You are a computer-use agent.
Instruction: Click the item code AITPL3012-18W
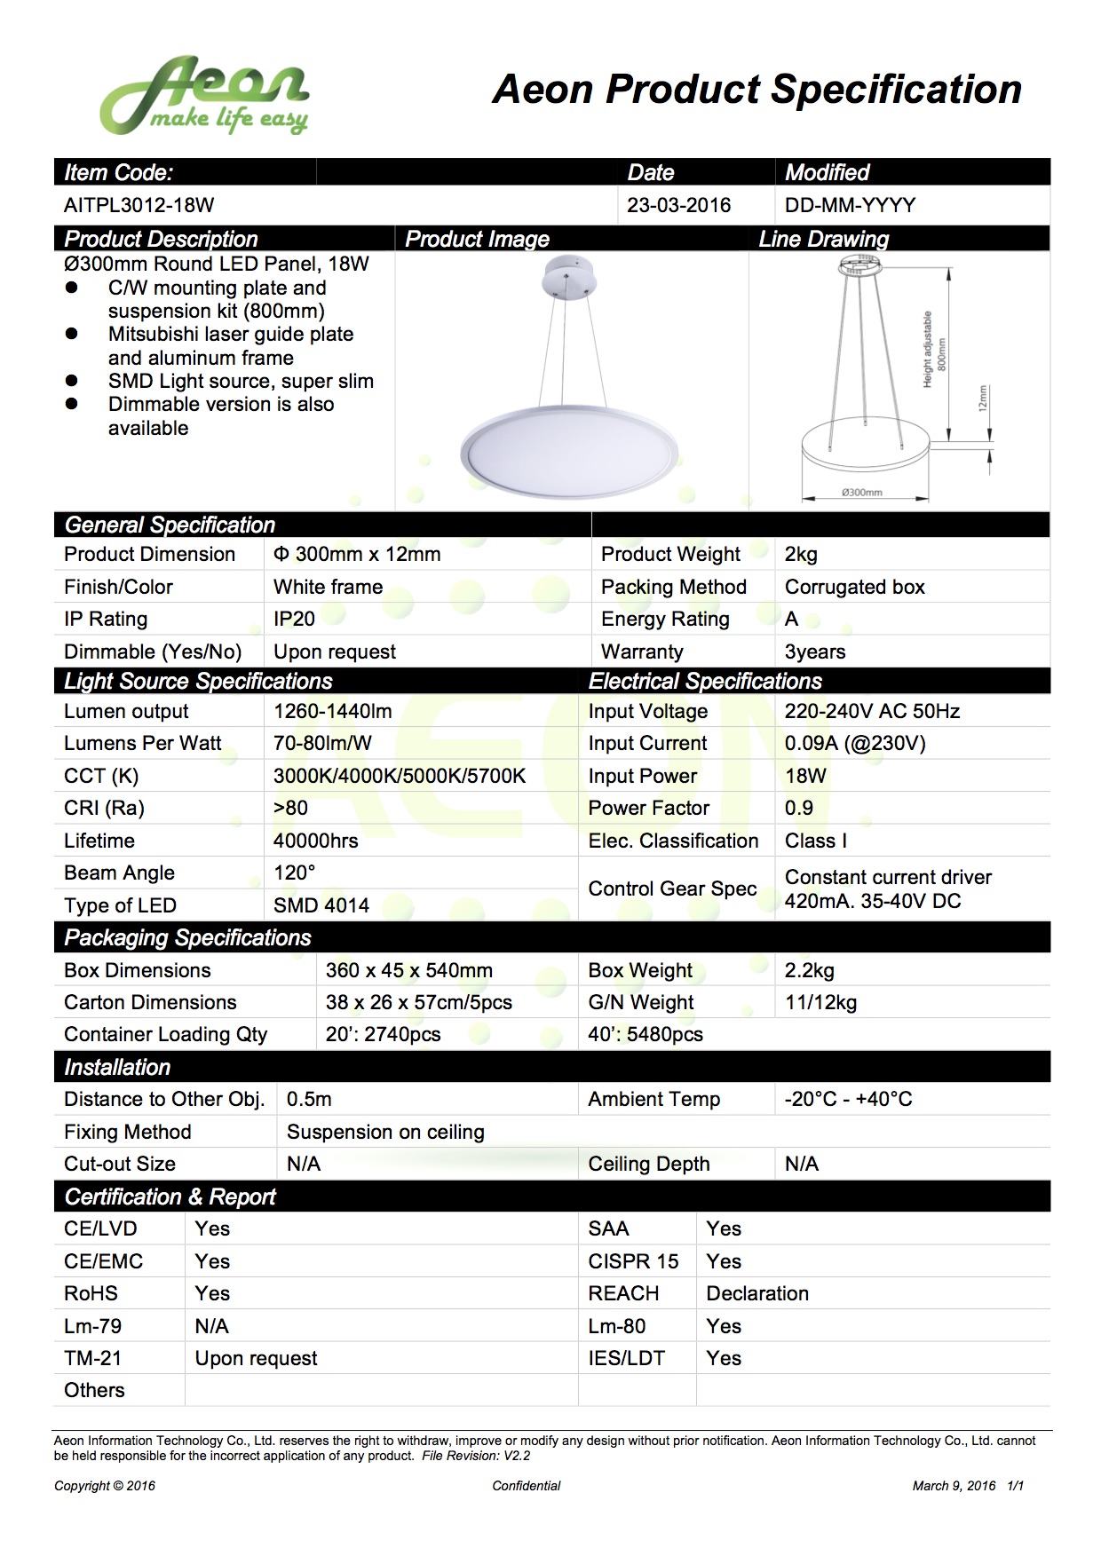[139, 205]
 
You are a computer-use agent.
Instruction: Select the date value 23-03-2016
[678, 205]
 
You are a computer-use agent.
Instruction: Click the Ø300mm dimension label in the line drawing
[861, 492]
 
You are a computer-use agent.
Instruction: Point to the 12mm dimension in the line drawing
[982, 398]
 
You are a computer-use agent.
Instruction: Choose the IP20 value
[294, 619]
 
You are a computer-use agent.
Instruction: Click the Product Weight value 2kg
[801, 554]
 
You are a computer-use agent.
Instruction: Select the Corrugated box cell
[854, 587]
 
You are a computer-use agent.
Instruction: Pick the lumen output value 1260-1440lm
[332, 711]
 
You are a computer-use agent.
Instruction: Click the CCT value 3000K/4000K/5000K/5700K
[400, 776]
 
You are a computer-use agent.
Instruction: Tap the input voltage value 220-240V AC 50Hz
[872, 711]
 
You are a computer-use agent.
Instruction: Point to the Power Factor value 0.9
[798, 808]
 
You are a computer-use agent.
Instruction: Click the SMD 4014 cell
[321, 905]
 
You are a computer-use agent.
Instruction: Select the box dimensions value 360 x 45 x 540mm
[408, 970]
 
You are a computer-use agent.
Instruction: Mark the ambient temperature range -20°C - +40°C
[848, 1099]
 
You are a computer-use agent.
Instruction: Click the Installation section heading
[117, 1067]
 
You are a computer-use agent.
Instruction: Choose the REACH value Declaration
[757, 1293]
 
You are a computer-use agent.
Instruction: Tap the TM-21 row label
[92, 1358]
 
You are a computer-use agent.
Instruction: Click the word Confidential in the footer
[527, 1486]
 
